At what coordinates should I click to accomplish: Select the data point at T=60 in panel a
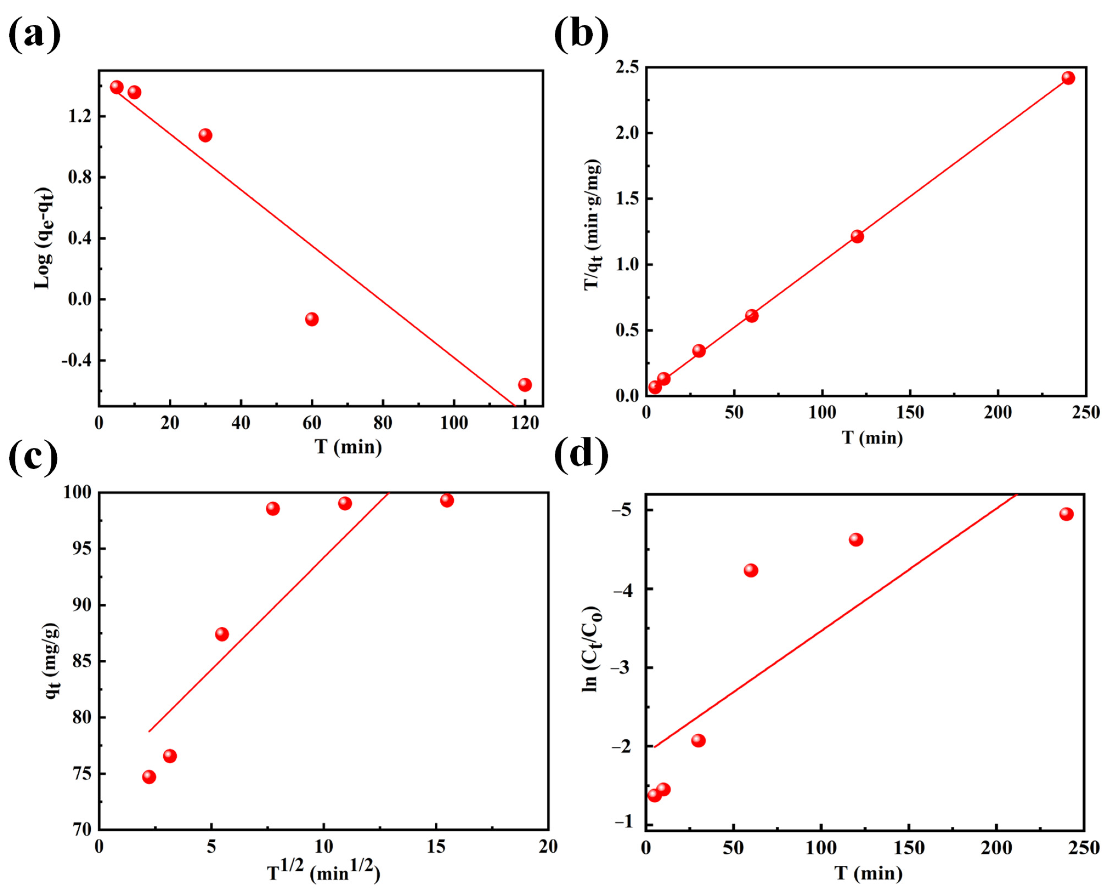click(312, 319)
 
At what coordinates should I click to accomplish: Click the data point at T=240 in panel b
click(1068, 78)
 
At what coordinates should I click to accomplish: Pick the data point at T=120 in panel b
click(857, 237)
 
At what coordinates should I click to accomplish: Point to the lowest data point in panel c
click(149, 776)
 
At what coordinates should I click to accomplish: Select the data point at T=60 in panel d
click(751, 571)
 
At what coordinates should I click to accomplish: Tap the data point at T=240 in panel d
click(1066, 514)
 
